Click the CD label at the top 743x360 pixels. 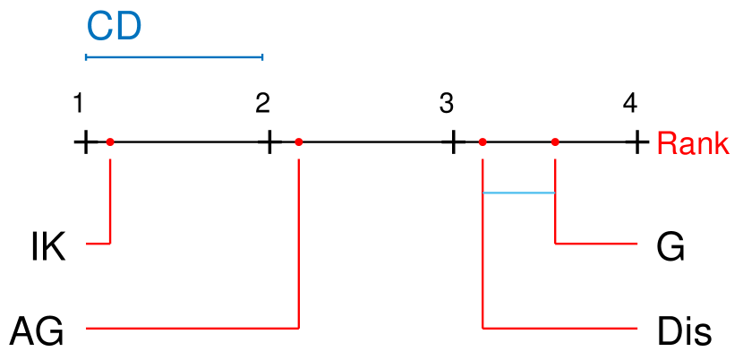tap(114, 27)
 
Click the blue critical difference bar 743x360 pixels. tap(174, 57)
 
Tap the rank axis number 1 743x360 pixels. tap(80, 103)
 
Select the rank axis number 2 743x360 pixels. tap(262, 103)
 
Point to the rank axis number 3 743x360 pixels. tap(447, 103)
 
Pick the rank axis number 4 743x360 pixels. tap(630, 103)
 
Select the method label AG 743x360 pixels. tap(37, 332)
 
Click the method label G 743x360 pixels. tap(670, 247)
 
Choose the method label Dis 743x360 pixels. tap(684, 332)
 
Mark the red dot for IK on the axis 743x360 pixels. tap(110, 141)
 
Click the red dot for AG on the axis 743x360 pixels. tap(298, 141)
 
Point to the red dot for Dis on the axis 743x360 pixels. tap(483, 141)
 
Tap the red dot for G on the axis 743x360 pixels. tap(555, 141)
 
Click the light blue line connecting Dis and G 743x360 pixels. tap(518, 193)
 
